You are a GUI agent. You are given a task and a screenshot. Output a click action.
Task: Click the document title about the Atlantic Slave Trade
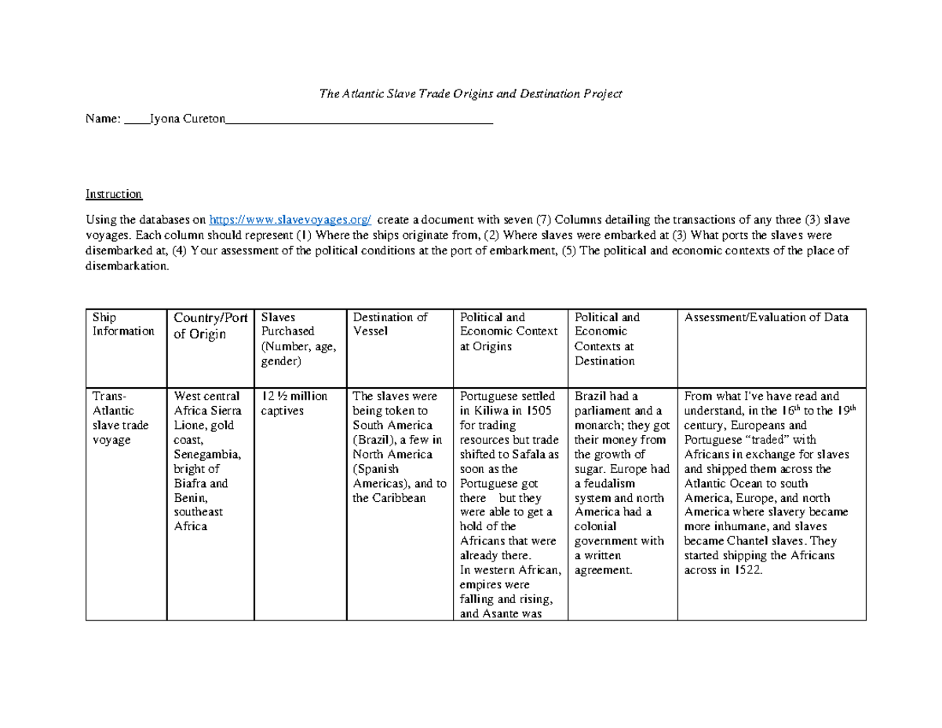pyautogui.click(x=470, y=93)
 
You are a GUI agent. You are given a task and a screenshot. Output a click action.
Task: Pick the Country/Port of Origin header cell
pyautogui.click(x=210, y=325)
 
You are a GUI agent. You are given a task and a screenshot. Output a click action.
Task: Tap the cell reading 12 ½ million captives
pyautogui.click(x=294, y=403)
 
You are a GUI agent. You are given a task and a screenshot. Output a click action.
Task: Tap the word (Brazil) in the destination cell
pyautogui.click(x=380, y=440)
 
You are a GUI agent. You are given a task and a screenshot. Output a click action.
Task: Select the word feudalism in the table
pyautogui.click(x=604, y=483)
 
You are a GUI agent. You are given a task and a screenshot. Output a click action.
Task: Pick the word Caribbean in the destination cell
pyautogui.click(x=403, y=498)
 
